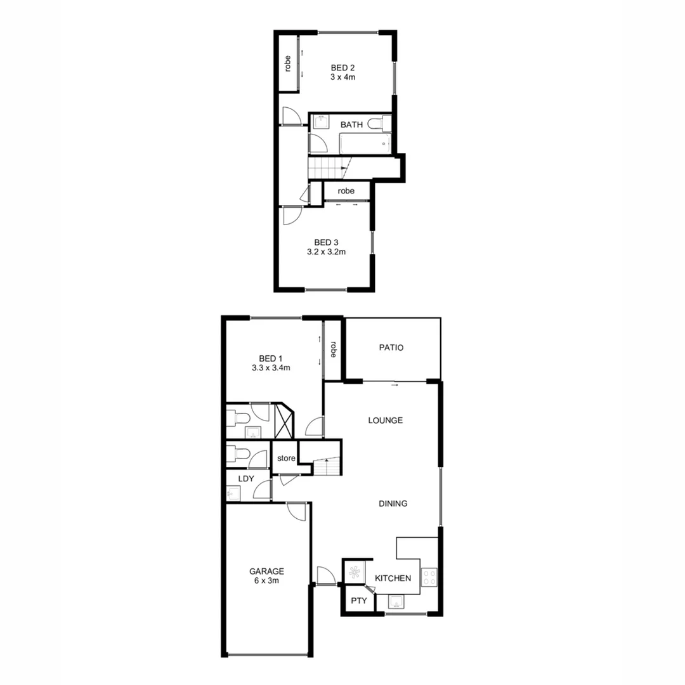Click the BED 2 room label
pyautogui.click(x=342, y=67)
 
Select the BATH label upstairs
pyautogui.click(x=351, y=125)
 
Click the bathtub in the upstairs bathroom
pyautogui.click(x=364, y=143)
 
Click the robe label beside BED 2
pyautogui.click(x=288, y=63)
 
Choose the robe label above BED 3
pyautogui.click(x=346, y=191)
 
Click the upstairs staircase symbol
pyautogui.click(x=327, y=169)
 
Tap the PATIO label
pyautogui.click(x=391, y=348)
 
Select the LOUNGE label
pyautogui.click(x=386, y=421)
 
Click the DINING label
pyautogui.click(x=393, y=504)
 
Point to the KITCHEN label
pyautogui.click(x=393, y=578)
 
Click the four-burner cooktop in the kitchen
pyautogui.click(x=429, y=577)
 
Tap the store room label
pyautogui.click(x=285, y=459)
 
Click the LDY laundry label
pyautogui.click(x=246, y=479)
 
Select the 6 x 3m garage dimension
pyautogui.click(x=266, y=580)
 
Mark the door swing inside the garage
pyautogui.click(x=296, y=512)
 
